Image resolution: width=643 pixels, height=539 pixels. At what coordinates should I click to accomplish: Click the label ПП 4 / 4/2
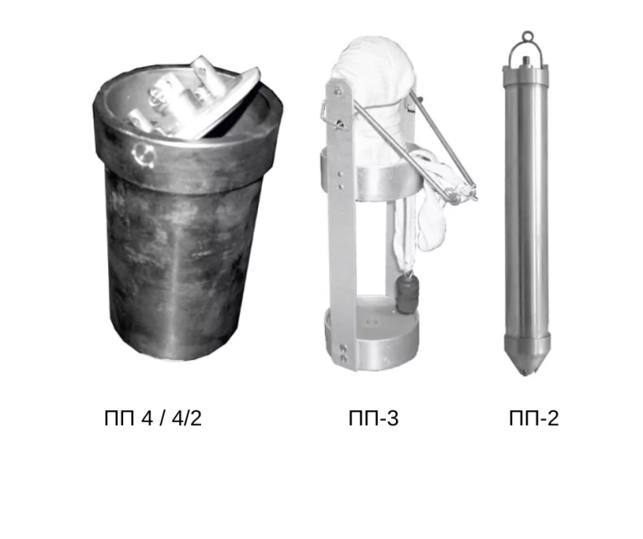pos(153,418)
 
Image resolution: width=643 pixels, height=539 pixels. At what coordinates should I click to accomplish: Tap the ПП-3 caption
pos(373,418)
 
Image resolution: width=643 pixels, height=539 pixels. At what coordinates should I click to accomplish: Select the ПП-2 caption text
pos(534,418)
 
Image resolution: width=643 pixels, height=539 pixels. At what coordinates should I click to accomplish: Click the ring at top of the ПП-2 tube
pos(527,36)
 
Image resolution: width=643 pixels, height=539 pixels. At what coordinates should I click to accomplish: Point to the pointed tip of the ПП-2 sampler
pos(527,374)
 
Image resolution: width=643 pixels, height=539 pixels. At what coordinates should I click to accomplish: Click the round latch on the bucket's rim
pos(143,154)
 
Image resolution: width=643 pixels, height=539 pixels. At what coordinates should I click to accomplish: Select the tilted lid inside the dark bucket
pos(193,100)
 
